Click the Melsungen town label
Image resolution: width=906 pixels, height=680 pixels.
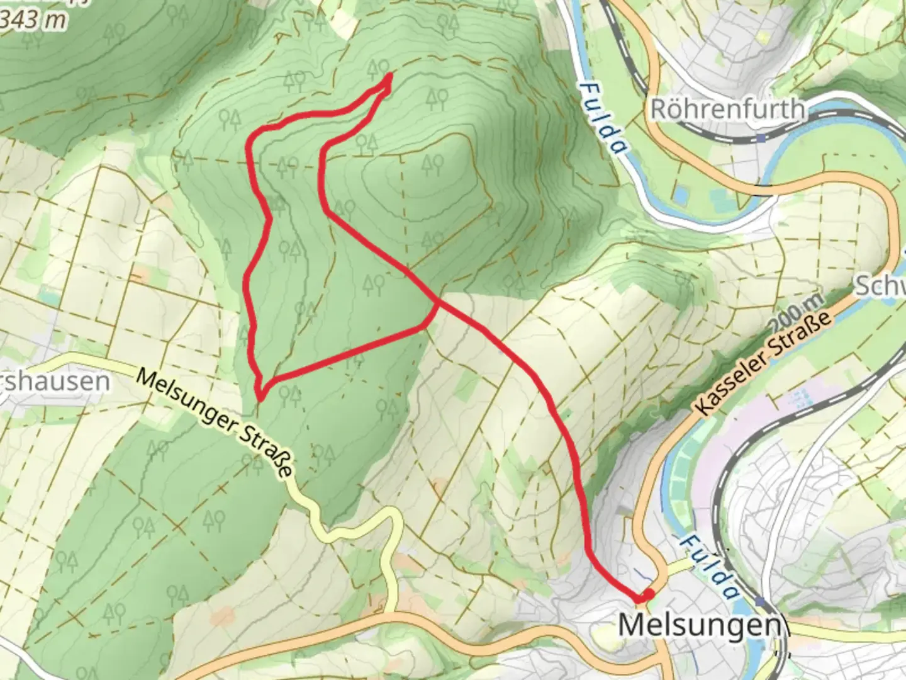(x=702, y=625)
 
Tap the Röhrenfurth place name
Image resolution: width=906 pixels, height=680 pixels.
(x=727, y=109)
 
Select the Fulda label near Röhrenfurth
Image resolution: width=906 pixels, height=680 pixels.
(x=603, y=118)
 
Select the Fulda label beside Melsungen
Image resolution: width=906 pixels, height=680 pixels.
(x=709, y=567)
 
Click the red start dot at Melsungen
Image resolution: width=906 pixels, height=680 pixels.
(x=647, y=595)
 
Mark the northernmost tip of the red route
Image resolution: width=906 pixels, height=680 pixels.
(x=390, y=76)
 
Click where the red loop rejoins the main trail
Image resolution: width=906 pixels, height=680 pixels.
(x=436, y=303)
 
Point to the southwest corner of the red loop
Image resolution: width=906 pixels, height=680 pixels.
(x=259, y=397)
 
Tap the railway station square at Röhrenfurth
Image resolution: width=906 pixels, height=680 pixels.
(x=762, y=137)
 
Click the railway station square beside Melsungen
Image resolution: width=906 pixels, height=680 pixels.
(x=762, y=603)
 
